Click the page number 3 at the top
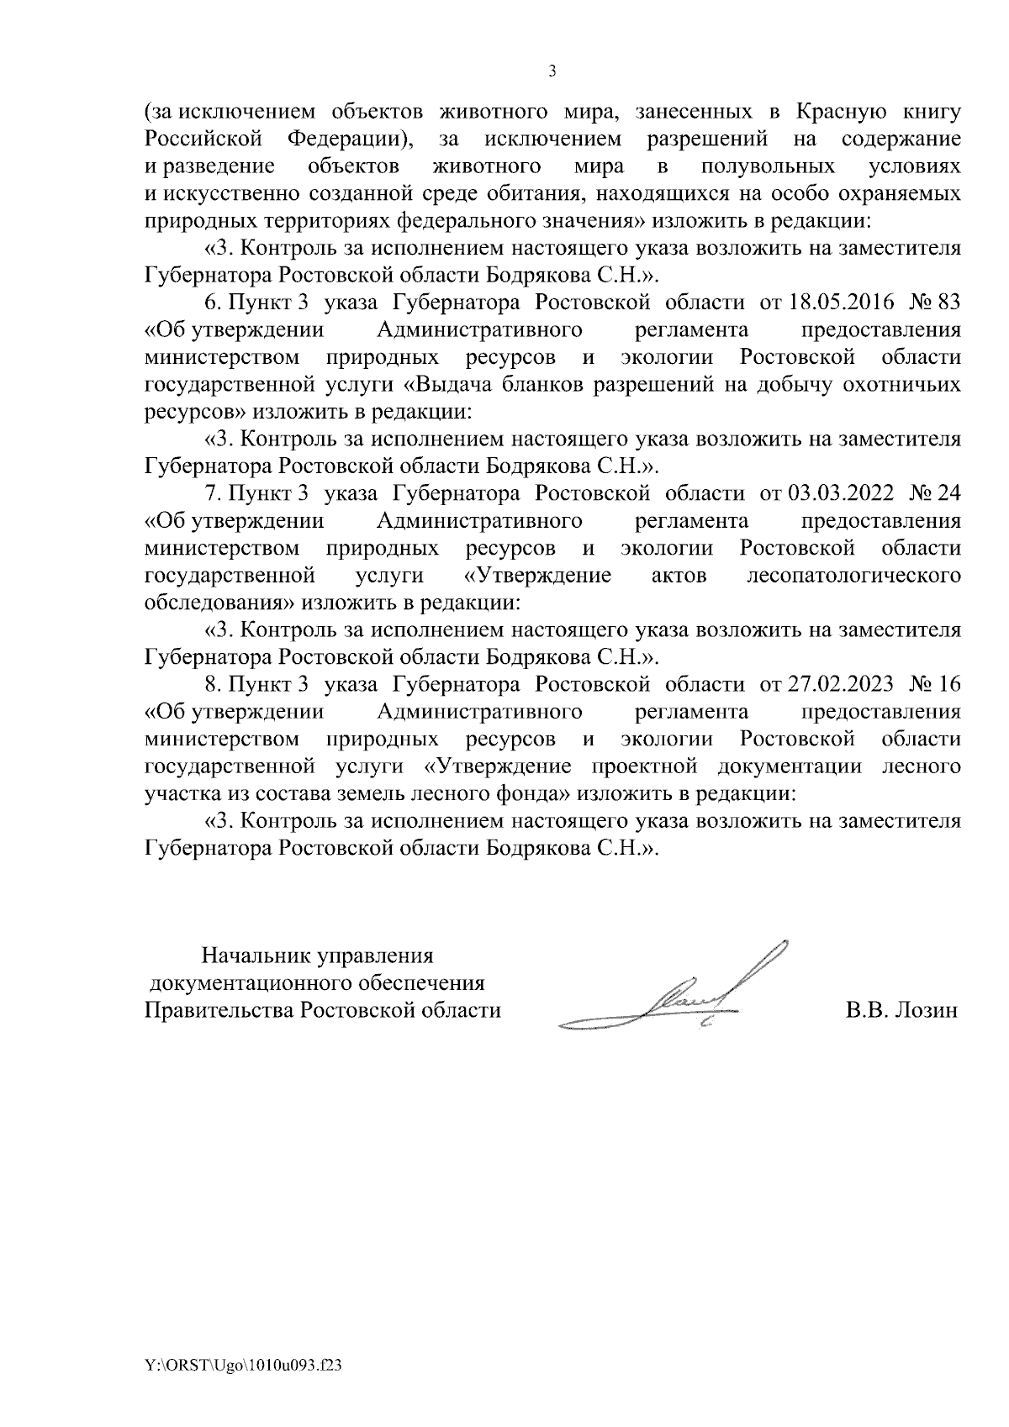[x=552, y=71]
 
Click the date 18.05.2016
[x=830, y=303]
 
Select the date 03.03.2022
[x=830, y=492]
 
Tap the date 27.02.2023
[x=830, y=684]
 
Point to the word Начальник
[x=256, y=956]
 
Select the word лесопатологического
[x=853, y=576]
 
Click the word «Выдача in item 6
[x=453, y=385]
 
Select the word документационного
[x=250, y=982]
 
